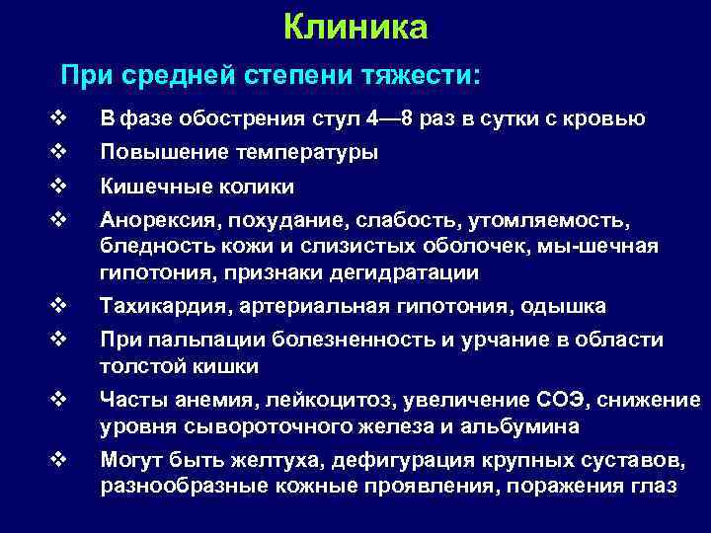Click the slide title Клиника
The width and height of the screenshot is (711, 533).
[355, 27]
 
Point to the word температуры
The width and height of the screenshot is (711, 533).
[307, 153]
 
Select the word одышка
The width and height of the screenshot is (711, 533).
[571, 306]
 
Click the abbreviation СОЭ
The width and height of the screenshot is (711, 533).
[561, 400]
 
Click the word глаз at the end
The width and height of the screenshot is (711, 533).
[655, 487]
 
